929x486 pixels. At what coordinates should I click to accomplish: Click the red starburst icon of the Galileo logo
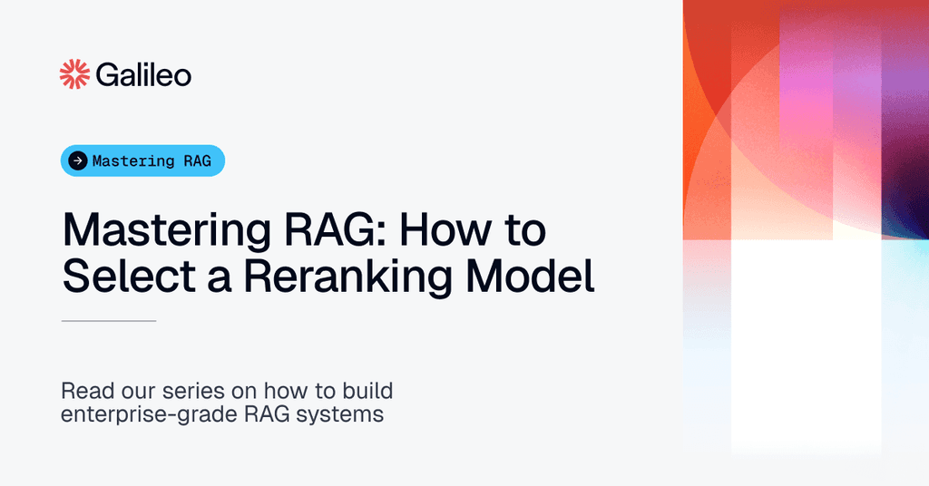coord(73,75)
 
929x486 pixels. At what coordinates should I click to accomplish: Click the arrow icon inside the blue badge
coord(78,161)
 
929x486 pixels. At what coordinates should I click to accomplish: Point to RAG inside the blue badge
coord(196,161)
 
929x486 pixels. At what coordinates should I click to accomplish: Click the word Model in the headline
coord(536,276)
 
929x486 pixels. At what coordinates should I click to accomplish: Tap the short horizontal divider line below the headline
coord(109,321)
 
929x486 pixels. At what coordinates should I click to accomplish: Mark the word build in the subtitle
coord(367,393)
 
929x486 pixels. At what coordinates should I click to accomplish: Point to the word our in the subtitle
coord(132,393)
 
